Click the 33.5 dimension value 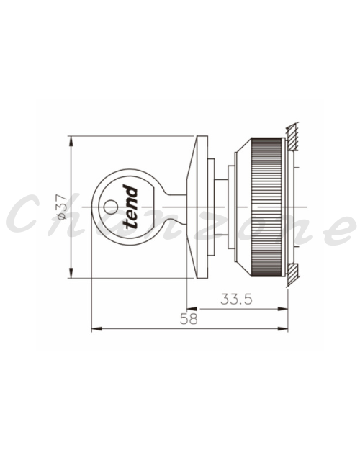(236, 300)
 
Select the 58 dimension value (189, 319)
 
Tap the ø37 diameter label (62, 207)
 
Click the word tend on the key (130, 207)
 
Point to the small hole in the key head (111, 207)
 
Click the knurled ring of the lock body (266, 207)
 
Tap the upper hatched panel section (292, 137)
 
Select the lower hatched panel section (292, 274)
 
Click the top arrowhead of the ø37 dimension (71, 141)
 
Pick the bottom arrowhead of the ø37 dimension (71, 273)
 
